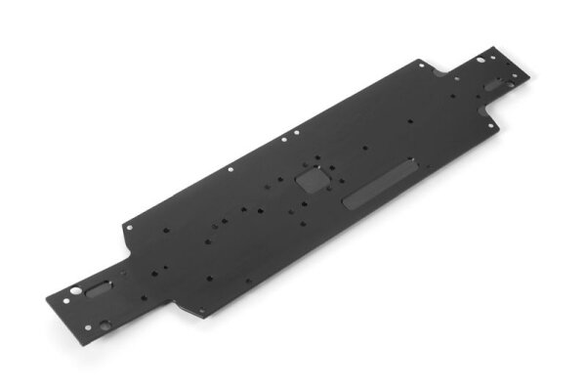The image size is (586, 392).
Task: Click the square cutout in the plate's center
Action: (x=313, y=180)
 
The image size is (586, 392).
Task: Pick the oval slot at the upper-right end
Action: (x=494, y=85)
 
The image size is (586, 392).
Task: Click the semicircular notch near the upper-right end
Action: (x=441, y=71)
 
